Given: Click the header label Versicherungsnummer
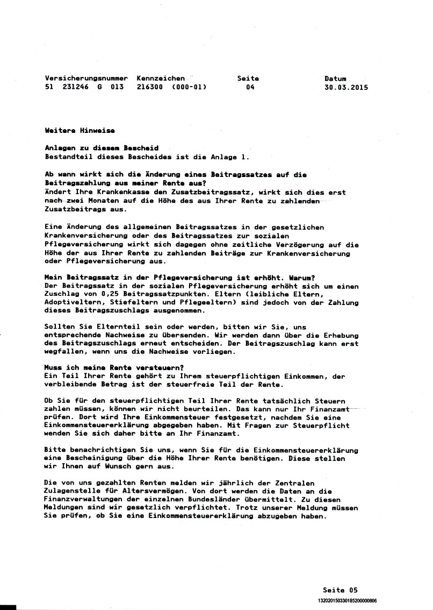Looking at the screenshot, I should tap(86, 79).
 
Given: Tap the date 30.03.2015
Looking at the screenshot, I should tap(347, 87).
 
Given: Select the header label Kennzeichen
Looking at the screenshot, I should tap(161, 79).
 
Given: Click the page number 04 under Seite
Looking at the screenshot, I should tap(250, 87).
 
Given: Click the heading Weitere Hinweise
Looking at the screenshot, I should tap(80, 130).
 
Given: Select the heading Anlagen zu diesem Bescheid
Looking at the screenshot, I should tap(102, 148).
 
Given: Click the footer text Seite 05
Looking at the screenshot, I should tap(340, 590).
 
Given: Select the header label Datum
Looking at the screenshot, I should tap(335, 79).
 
